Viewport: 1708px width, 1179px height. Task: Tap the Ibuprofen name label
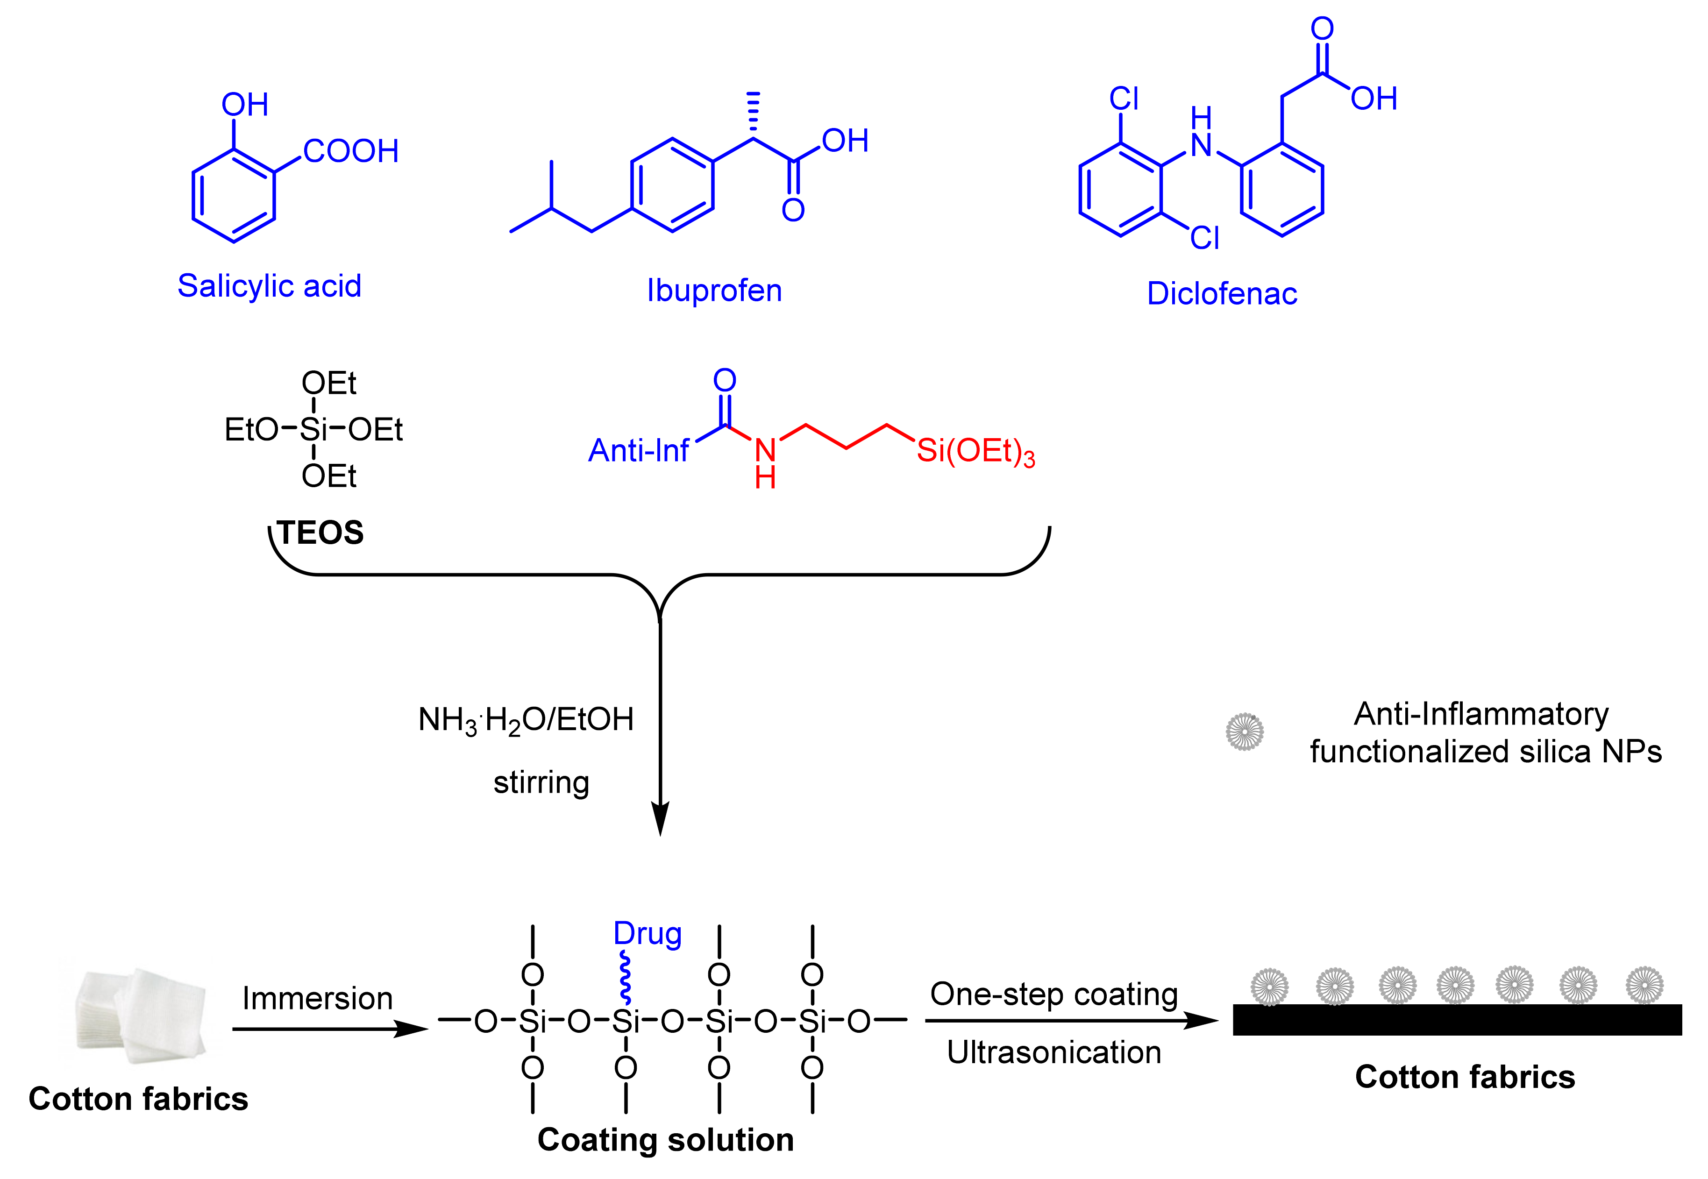coord(714,291)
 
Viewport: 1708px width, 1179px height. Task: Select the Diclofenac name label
coord(1221,294)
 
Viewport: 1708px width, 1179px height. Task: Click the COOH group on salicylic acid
coord(350,151)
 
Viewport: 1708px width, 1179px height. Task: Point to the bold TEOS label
coord(320,533)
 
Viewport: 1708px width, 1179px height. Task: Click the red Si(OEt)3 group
coord(975,451)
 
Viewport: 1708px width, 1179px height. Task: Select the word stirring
coord(541,782)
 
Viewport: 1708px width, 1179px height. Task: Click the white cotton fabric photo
coord(140,1016)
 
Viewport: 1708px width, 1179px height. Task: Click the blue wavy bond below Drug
coord(625,977)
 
